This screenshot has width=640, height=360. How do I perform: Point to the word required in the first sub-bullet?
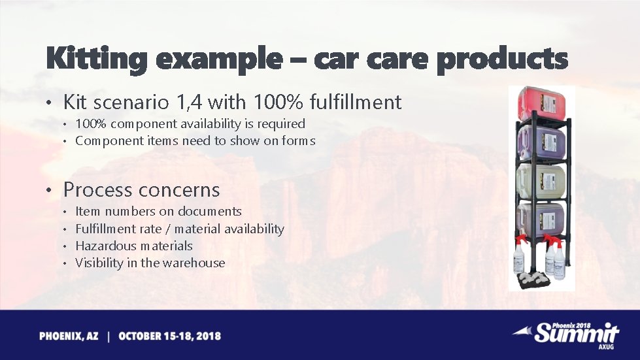coord(282,123)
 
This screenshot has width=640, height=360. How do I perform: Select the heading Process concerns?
coord(141,190)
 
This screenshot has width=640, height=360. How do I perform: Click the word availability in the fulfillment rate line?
coord(254,229)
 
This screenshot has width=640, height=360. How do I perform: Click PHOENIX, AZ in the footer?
coord(69,336)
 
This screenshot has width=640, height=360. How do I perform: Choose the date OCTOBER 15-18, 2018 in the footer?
coord(169,336)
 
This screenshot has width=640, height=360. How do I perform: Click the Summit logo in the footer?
coord(573,333)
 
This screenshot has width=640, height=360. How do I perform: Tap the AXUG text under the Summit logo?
coord(607,348)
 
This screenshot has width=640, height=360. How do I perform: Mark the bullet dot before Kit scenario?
coord(50,103)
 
